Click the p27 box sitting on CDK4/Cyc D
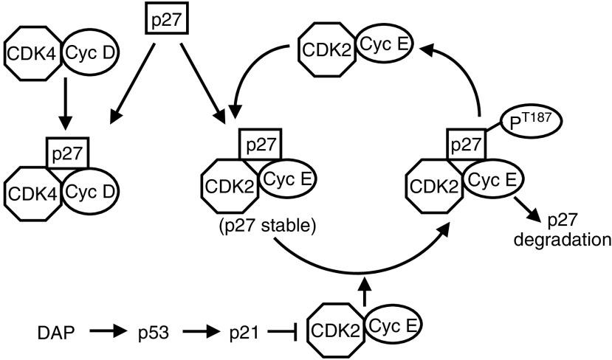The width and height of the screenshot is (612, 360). click(x=67, y=157)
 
